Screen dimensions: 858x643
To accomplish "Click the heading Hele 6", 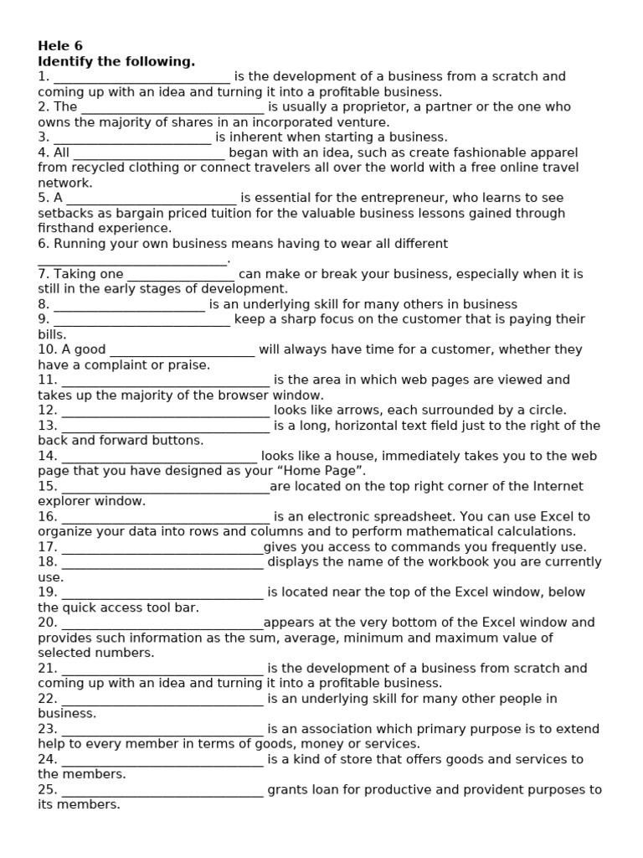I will pyautogui.click(x=60, y=46).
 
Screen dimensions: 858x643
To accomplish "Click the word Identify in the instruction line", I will pyautogui.click(x=65, y=61).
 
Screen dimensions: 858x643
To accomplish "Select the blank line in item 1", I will pyautogui.click(x=141, y=77).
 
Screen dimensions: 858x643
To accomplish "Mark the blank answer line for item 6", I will pyautogui.click(x=132, y=260).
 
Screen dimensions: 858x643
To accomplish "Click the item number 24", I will pyautogui.click(x=47, y=760).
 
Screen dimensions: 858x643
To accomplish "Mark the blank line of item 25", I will pyautogui.click(x=162, y=790).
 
